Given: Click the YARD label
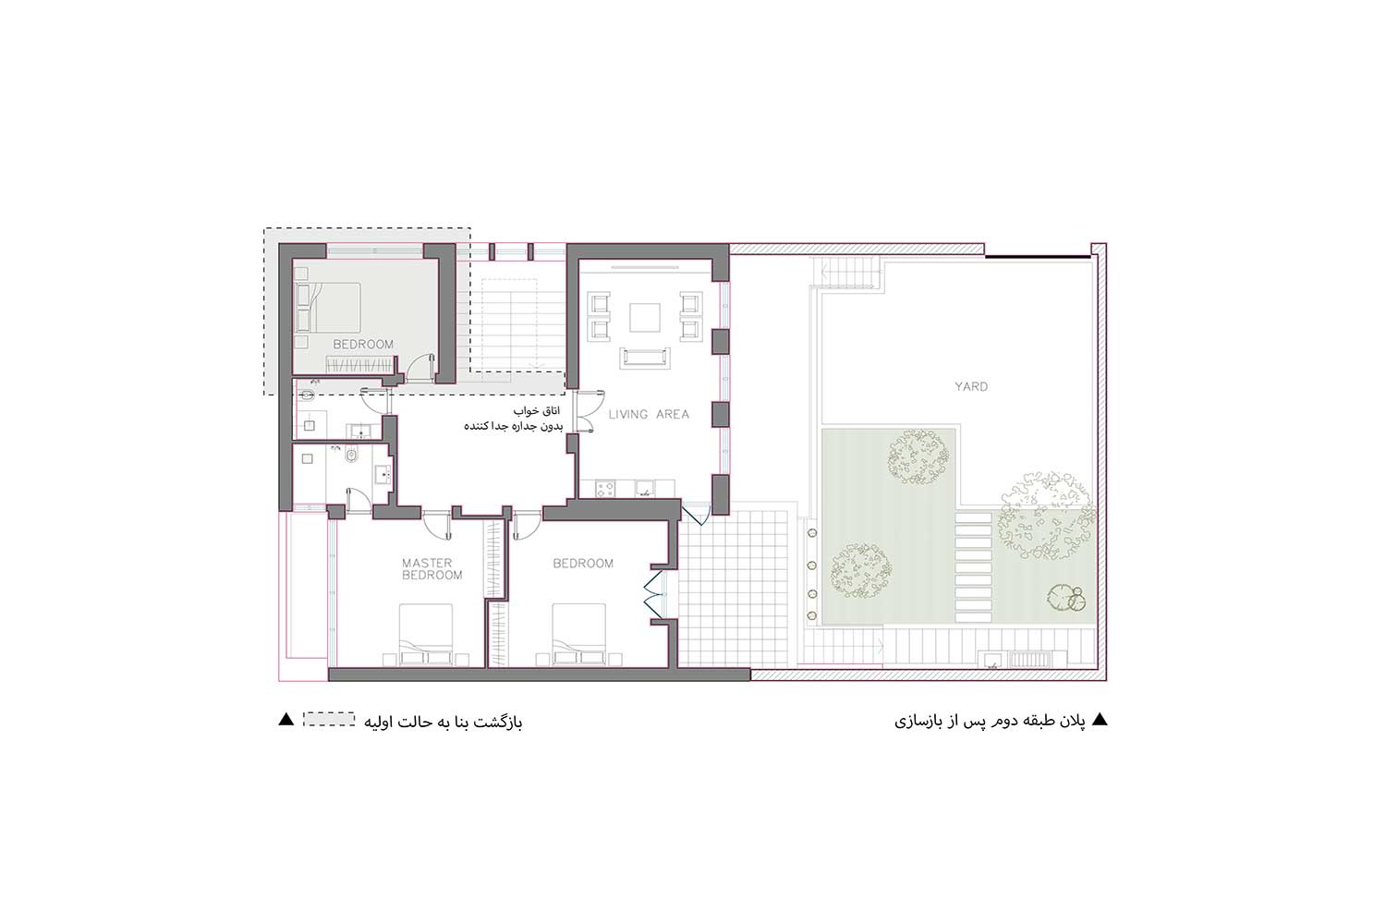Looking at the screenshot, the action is (971, 387).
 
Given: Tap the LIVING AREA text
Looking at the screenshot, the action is (649, 415).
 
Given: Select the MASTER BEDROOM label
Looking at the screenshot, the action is (432, 569).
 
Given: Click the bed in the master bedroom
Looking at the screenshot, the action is (426, 634).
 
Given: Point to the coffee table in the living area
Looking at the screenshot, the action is (645, 317).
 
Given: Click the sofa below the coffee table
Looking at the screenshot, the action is (645, 358).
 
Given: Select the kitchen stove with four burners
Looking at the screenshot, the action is (605, 489).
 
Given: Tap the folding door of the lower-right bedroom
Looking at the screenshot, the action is (652, 597).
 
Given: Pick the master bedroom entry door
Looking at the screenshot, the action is (438, 525).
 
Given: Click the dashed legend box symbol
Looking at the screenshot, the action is (329, 719).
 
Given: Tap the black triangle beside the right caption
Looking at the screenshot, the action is (1100, 719).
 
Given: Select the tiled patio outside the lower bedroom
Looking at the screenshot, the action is (734, 588).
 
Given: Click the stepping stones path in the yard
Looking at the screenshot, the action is (973, 567).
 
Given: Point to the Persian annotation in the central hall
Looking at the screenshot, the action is (514, 419).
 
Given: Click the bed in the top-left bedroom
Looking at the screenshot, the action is (328, 308).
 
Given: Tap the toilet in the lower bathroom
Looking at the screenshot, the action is (352, 456).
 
